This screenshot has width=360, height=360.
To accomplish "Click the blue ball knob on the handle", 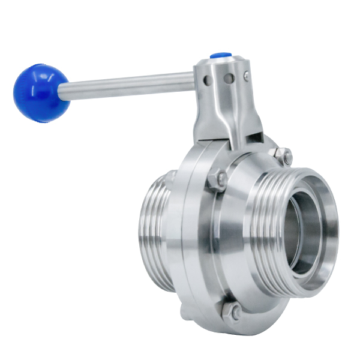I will pyautogui.click(x=41, y=93).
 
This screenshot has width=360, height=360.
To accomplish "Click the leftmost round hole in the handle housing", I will pyautogui.click(x=206, y=80).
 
